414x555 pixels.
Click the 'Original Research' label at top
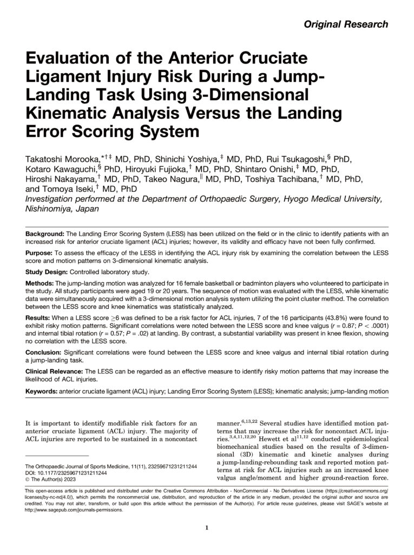[353, 24]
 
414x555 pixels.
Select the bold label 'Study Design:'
[48, 272]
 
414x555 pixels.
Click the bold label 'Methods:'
[40, 283]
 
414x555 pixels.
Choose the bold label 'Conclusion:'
[45, 353]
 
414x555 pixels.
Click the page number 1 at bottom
[207, 528]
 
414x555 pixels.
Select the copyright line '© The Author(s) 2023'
[53, 479]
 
